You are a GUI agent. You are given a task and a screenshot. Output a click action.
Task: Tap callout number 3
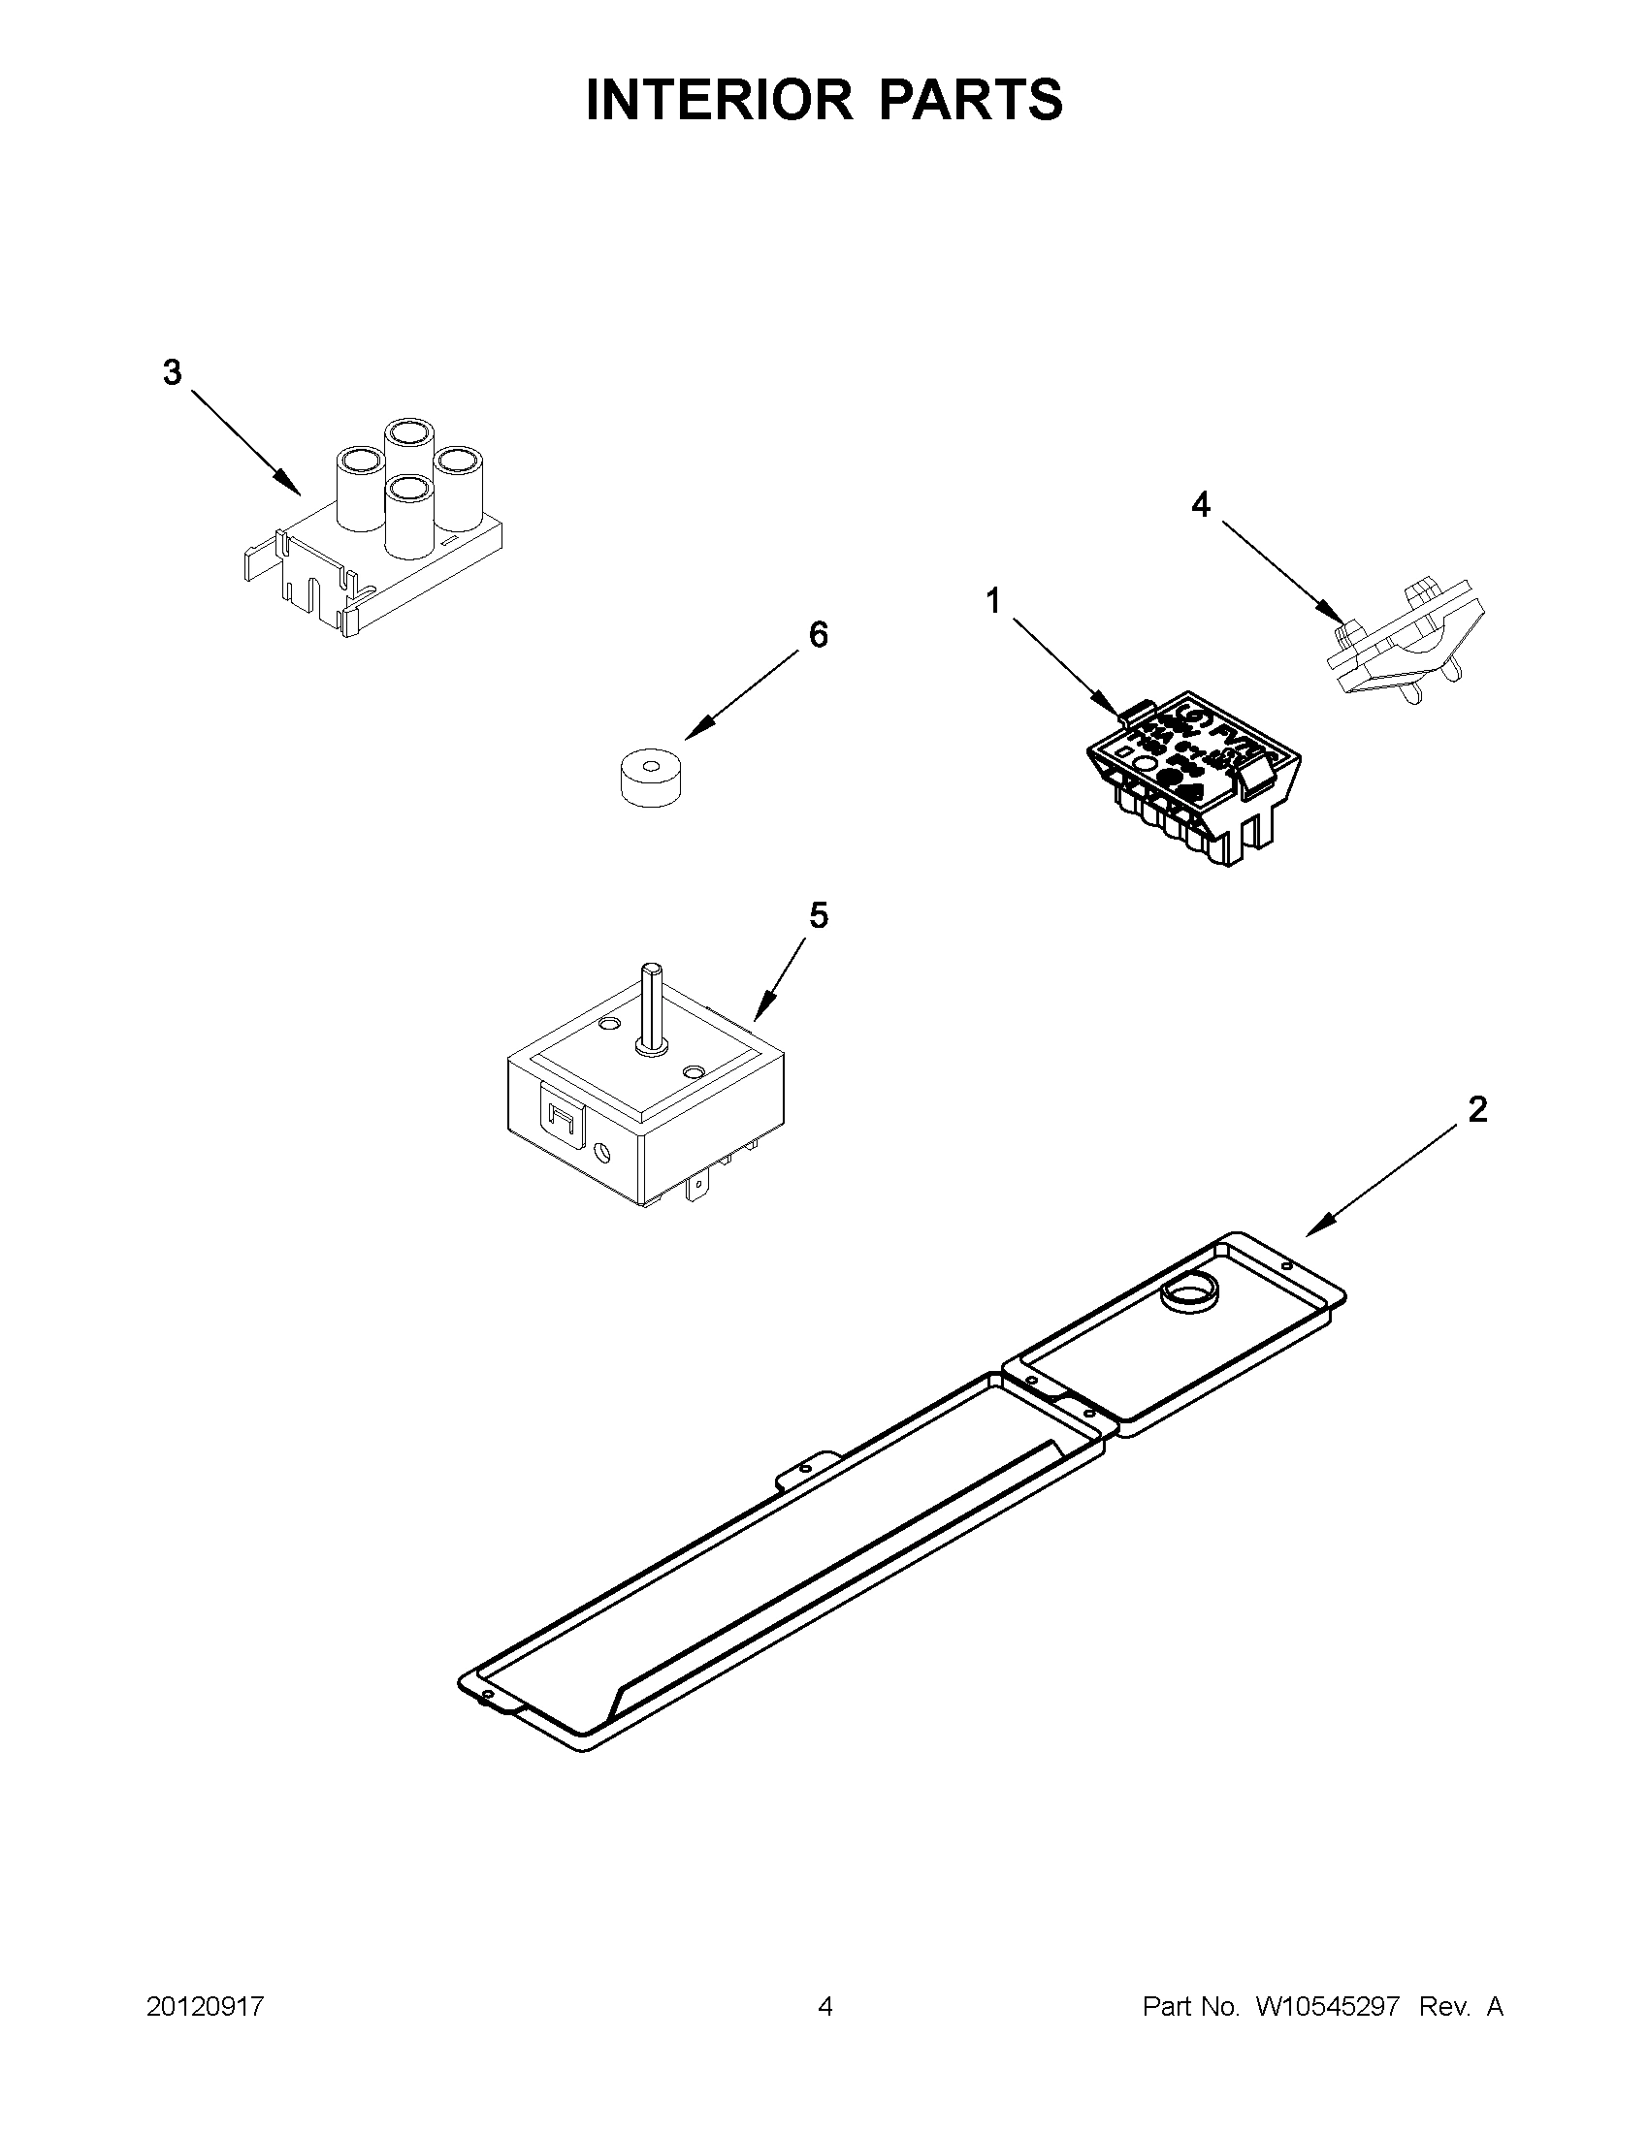click(x=172, y=372)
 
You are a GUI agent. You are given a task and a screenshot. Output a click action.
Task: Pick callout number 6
click(x=818, y=635)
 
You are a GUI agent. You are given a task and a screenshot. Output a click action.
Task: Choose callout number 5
click(x=818, y=915)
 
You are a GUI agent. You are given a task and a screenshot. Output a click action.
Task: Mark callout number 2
click(x=1477, y=1109)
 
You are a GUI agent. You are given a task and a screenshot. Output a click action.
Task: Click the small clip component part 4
click(x=1406, y=641)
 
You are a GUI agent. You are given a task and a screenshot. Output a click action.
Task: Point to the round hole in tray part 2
click(x=1184, y=1296)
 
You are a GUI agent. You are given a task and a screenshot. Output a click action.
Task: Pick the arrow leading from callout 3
click(x=244, y=441)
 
